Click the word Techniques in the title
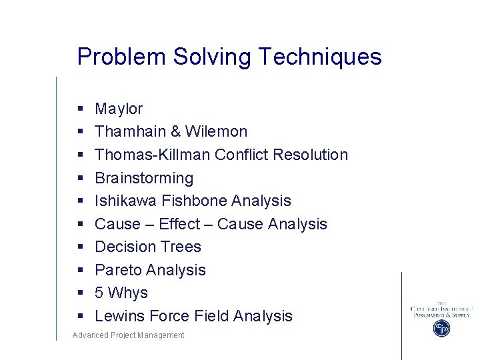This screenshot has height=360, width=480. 320,57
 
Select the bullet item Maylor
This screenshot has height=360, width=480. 119,109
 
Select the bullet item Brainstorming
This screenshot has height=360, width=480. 144,178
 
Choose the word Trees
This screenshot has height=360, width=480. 182,247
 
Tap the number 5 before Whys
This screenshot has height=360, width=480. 99,293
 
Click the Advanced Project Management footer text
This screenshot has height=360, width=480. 129,335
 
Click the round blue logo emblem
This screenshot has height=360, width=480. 441,328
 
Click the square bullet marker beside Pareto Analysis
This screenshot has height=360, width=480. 79,270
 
